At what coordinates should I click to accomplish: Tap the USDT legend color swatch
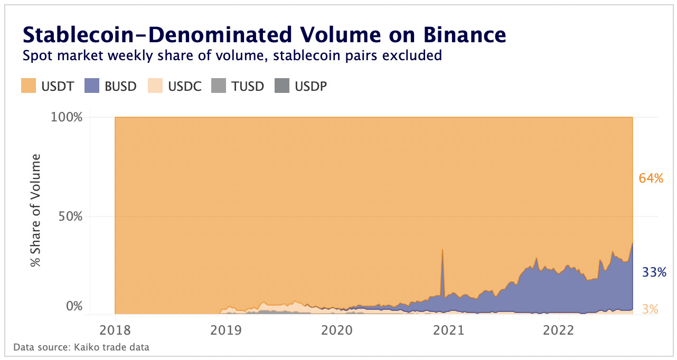coord(29,86)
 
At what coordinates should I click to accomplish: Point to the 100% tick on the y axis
coord(67,117)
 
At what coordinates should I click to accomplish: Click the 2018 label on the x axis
coord(115,330)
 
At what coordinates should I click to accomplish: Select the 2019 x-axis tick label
coord(226,330)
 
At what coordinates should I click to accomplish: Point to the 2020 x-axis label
coord(337,330)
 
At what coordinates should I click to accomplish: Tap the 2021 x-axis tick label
coord(448,330)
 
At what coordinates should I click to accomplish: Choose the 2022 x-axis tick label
coord(559,330)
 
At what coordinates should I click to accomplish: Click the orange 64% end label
coord(651,178)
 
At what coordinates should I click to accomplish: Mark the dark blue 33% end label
coord(654,273)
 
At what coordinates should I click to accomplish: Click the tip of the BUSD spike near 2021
coord(442,249)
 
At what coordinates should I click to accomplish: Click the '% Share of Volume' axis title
coord(35,210)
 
